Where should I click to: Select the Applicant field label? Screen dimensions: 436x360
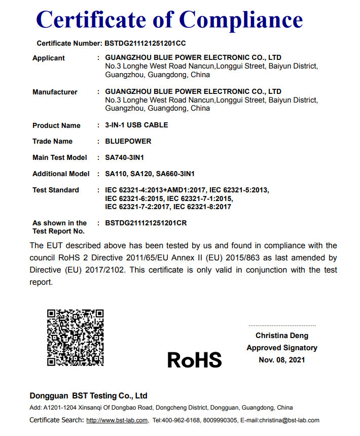click(49, 58)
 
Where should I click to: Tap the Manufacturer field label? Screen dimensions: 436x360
click(55, 92)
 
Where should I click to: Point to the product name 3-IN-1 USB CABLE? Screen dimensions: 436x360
click(136, 125)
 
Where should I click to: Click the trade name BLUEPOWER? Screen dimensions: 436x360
click(128, 141)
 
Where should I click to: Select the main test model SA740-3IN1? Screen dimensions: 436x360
click(128, 157)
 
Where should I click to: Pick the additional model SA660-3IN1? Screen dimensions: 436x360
click(175, 174)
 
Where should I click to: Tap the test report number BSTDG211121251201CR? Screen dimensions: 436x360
click(149, 223)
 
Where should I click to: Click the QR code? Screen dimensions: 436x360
click(76, 338)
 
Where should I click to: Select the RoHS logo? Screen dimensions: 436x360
click(195, 360)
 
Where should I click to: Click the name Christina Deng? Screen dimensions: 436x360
click(282, 336)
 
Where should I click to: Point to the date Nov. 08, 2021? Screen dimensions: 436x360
click(282, 360)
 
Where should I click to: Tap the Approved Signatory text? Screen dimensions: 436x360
click(282, 348)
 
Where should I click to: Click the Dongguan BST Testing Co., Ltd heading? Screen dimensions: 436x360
click(89, 396)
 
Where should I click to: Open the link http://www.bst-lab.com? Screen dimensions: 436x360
click(117, 420)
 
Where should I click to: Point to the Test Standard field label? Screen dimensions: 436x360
click(56, 190)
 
